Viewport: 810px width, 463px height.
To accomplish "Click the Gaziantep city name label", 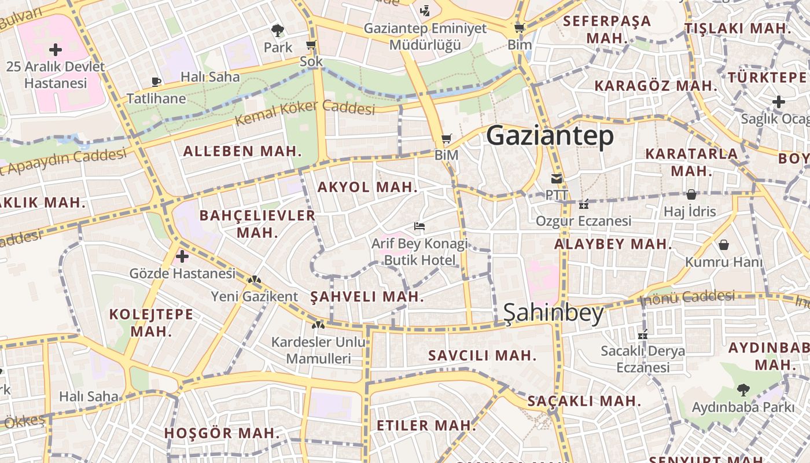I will click(x=550, y=137).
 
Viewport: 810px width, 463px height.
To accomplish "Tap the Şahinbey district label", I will click(x=553, y=313).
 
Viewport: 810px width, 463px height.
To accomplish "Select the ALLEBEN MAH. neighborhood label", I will click(x=242, y=152).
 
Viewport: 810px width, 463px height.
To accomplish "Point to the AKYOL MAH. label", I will click(x=367, y=187).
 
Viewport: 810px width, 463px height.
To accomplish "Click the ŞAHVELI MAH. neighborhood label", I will click(x=367, y=297).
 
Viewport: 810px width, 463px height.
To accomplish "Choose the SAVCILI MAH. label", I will click(x=482, y=355).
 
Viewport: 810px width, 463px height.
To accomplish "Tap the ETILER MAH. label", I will click(x=426, y=426).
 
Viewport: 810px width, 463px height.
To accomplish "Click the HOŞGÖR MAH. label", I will click(x=222, y=433).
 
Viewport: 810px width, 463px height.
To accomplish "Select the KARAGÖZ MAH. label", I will click(x=656, y=86).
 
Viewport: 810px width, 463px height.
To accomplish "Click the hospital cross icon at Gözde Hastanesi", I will click(x=182, y=256).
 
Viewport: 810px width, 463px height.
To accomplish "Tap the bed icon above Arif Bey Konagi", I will click(x=419, y=226).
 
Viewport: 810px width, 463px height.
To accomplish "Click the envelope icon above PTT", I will click(x=557, y=178).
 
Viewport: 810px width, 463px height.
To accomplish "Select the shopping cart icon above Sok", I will click(x=311, y=45).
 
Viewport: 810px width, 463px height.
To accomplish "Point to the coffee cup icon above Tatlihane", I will click(x=156, y=82).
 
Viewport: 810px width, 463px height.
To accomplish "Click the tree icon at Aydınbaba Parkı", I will click(x=743, y=389).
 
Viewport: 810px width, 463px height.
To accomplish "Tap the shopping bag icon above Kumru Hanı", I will click(x=723, y=245).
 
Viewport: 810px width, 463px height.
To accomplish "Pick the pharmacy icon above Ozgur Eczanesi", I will click(x=583, y=204).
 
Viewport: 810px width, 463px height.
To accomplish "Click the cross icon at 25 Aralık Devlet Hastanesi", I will click(x=56, y=50).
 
